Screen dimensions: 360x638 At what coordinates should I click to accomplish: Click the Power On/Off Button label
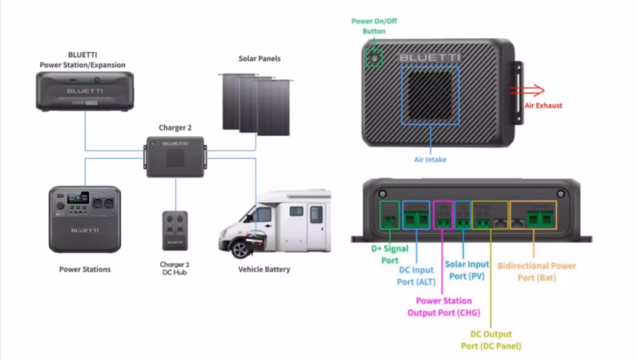pos(374,26)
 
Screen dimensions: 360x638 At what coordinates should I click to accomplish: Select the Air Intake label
pos(430,160)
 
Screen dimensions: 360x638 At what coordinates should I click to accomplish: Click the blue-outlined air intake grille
pos(429,95)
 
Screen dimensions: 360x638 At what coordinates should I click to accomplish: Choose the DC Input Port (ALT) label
pos(416,276)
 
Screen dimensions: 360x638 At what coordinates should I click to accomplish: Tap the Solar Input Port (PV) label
pos(467,270)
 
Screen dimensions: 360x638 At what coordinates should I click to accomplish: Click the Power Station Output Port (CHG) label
pos(443,306)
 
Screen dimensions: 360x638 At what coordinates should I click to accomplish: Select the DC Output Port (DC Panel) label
pos(491,340)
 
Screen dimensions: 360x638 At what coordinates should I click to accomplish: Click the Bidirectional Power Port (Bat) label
pos(537,271)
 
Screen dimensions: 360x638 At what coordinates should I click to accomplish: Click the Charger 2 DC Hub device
pos(175,230)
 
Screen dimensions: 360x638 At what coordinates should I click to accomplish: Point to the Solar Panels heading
pos(260,59)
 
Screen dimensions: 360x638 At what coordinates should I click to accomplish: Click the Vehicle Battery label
pos(264,269)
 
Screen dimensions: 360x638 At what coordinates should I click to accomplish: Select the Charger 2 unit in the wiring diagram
pos(175,156)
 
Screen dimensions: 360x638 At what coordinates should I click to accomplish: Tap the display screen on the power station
pos(78,197)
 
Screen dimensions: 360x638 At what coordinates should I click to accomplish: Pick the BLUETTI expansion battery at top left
pos(85,91)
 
